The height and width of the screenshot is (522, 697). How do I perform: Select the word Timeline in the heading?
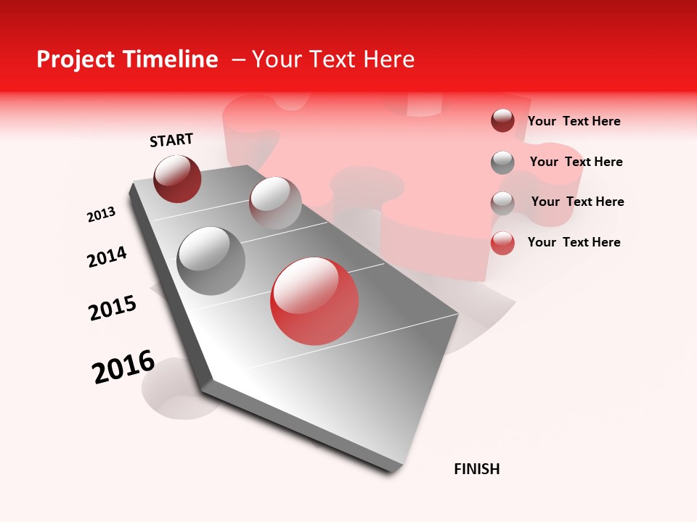(x=171, y=59)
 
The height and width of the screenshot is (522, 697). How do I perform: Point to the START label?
(x=171, y=140)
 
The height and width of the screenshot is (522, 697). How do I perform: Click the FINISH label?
(x=477, y=469)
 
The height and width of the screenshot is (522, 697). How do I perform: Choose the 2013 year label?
(x=101, y=215)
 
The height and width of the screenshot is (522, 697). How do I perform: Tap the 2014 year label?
(x=107, y=257)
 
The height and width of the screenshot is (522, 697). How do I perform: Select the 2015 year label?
(x=113, y=308)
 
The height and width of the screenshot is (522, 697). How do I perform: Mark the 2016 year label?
(x=123, y=366)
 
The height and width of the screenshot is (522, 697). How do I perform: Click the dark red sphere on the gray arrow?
(x=177, y=178)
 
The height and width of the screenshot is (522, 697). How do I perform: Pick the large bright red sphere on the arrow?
(x=314, y=301)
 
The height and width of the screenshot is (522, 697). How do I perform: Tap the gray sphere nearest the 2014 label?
(x=211, y=261)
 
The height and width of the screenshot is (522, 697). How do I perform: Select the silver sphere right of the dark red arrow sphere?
(x=275, y=203)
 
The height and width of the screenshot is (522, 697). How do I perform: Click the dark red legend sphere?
(x=502, y=121)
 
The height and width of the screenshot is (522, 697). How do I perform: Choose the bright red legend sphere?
(x=502, y=243)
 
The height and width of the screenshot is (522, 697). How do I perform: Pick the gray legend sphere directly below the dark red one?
(x=502, y=162)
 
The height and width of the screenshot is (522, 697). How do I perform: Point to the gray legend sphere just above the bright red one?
(x=502, y=203)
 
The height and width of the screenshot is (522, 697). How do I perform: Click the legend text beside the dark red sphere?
(x=574, y=121)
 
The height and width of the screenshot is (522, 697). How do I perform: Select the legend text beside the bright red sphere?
(x=574, y=242)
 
